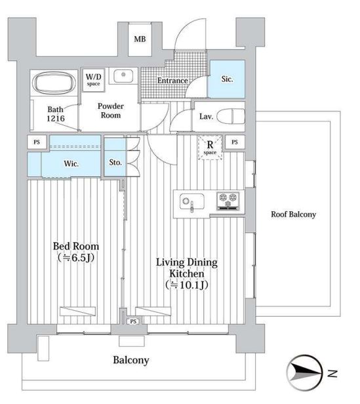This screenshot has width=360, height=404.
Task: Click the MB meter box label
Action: (x=140, y=39)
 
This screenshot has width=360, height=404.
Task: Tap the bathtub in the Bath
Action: (x=54, y=83)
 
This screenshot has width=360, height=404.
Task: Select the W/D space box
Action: (x=94, y=79)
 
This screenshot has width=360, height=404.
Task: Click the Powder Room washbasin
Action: (x=123, y=76)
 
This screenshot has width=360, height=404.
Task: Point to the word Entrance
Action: (x=172, y=81)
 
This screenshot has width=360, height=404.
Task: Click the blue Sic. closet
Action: (x=227, y=79)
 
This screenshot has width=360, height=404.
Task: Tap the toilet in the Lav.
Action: (x=231, y=117)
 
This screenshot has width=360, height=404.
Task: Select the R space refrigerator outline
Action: (x=210, y=148)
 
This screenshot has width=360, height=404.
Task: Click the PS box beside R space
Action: (x=235, y=142)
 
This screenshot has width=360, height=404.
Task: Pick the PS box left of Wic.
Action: (x=37, y=142)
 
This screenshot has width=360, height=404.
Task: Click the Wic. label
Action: (x=71, y=163)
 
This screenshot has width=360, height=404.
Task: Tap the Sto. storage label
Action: (x=115, y=163)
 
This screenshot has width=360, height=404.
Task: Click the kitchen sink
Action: (x=192, y=201)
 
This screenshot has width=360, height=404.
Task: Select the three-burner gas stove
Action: (x=228, y=201)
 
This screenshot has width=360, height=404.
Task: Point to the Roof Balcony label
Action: (x=293, y=214)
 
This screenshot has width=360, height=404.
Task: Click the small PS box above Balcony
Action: (x=133, y=321)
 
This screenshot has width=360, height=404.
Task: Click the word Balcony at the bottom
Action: (x=131, y=360)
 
